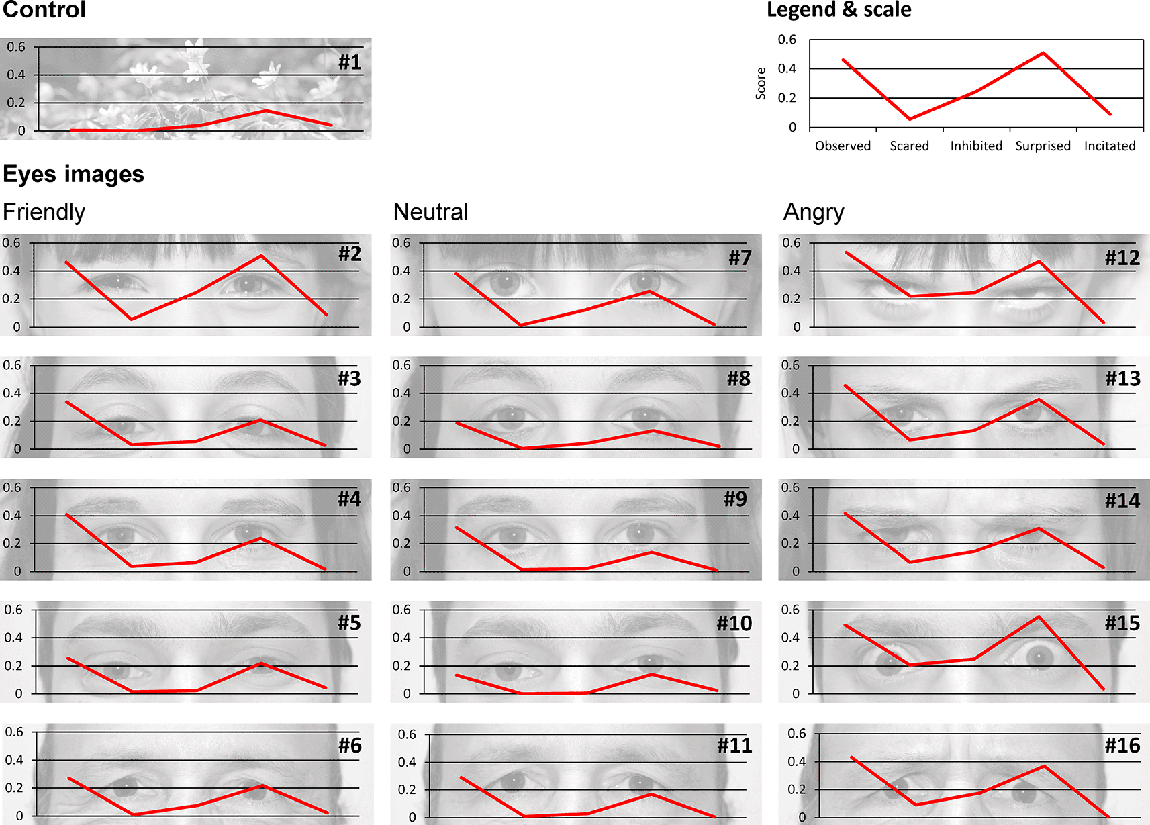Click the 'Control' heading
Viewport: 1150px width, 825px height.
tap(44, 10)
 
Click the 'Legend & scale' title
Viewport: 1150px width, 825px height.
tap(838, 10)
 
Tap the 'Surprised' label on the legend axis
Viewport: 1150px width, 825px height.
tap(1043, 146)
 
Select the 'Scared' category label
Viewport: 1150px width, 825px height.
tap(909, 146)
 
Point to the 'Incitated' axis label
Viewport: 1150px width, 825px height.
tap(1109, 146)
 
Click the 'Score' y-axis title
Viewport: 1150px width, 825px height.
tap(761, 84)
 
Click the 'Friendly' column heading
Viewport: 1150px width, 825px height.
tap(44, 212)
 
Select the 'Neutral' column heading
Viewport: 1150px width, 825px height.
tap(430, 212)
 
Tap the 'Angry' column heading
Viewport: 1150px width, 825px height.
tap(814, 212)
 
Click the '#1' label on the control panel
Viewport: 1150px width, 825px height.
tap(349, 62)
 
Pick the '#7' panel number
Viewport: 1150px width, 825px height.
tap(740, 258)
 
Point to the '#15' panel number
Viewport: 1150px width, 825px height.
tap(1122, 623)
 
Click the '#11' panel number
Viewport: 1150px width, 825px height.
tap(734, 745)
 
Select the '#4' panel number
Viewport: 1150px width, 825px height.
tap(349, 499)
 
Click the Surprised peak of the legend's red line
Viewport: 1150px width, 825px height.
tap(1043, 53)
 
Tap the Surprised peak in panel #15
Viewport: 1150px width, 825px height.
tap(1039, 616)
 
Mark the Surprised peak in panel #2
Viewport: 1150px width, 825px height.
tap(261, 256)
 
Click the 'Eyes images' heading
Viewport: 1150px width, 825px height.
tap(74, 175)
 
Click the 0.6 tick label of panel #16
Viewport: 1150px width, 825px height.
tap(796, 734)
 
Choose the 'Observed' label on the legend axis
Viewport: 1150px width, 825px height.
tap(843, 146)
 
